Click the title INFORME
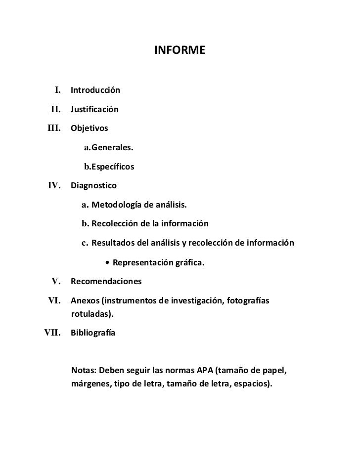pyautogui.click(x=180, y=50)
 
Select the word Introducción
pyautogui.click(x=95, y=91)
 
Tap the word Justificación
pyautogui.click(x=94, y=110)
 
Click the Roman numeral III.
pyautogui.click(x=54, y=128)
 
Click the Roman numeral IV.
pyautogui.click(x=54, y=186)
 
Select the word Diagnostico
pyautogui.click(x=93, y=186)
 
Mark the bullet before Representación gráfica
pyautogui.click(x=107, y=263)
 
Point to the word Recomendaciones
pyautogui.click(x=106, y=282)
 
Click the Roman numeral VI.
pyautogui.click(x=54, y=301)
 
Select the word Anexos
pyautogui.click(x=84, y=301)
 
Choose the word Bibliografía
pyautogui.click(x=93, y=334)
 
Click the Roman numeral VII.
pyautogui.click(x=52, y=333)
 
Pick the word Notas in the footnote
pyautogui.click(x=84, y=371)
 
